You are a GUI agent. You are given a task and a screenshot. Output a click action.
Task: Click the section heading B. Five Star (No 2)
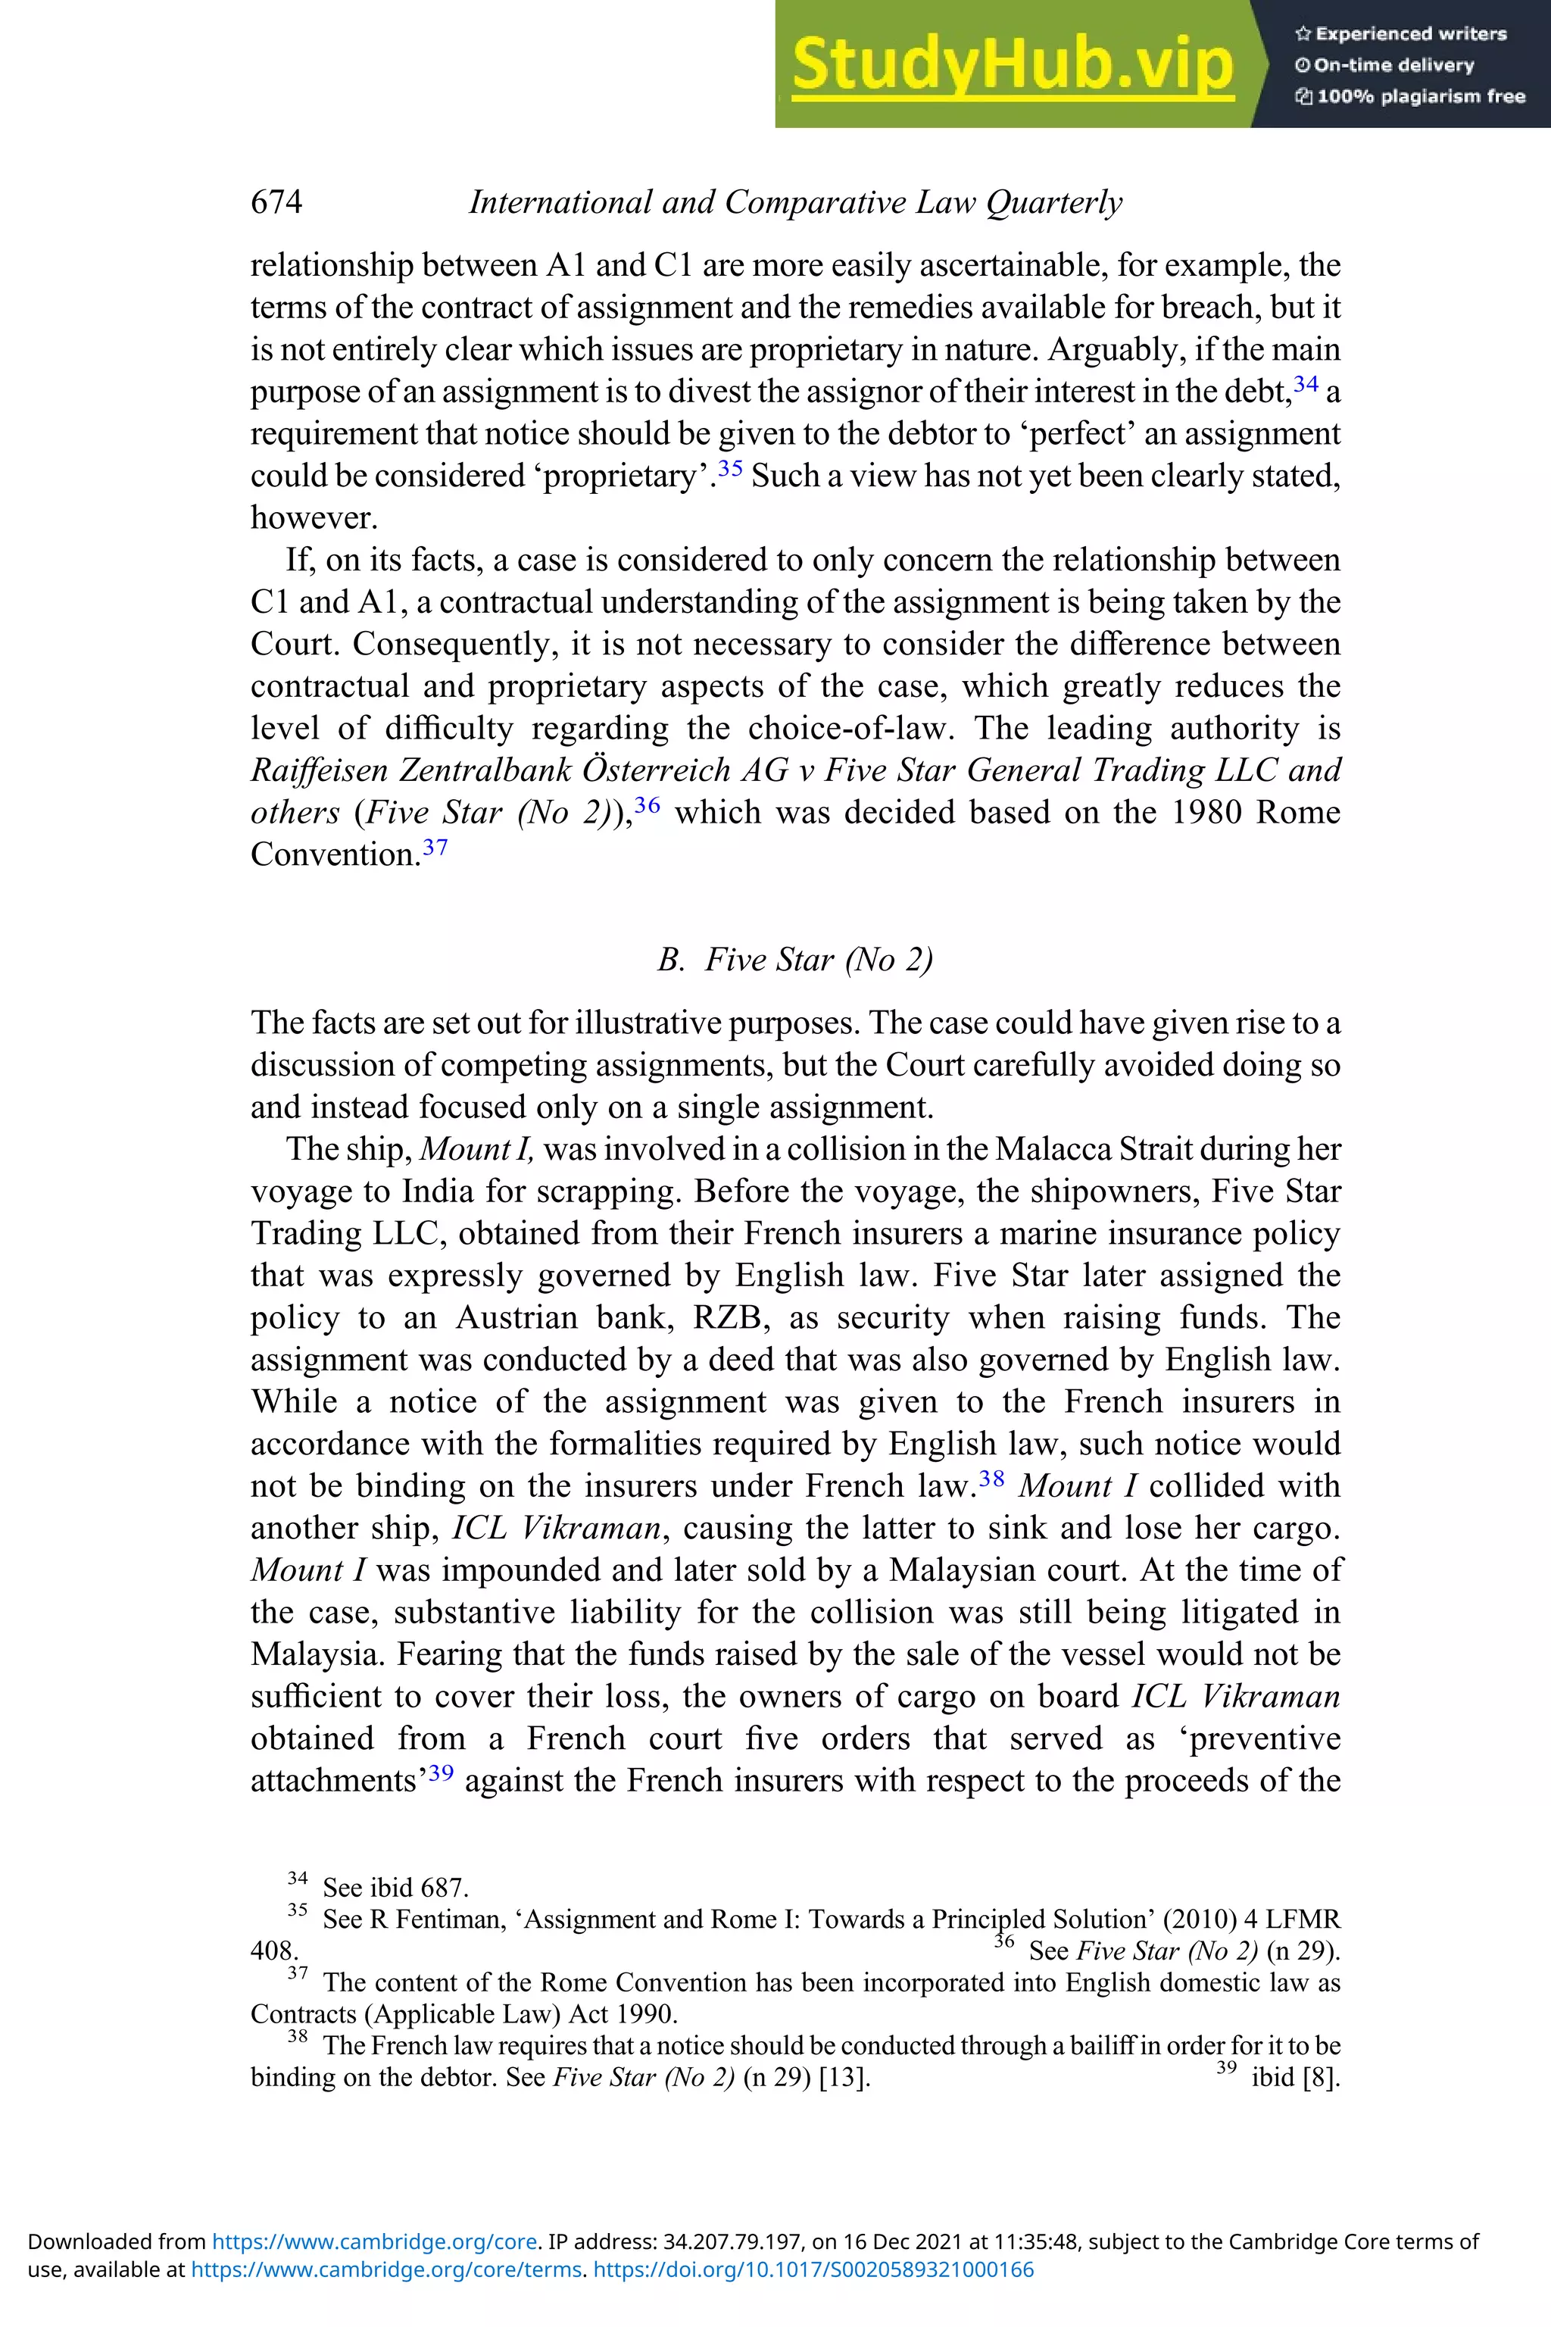click(795, 960)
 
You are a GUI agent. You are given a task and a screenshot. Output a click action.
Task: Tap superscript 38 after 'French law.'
click(991, 1478)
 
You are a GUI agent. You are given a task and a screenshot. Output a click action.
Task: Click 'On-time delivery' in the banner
click(1393, 65)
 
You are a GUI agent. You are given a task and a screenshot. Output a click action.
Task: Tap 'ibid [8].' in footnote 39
click(1296, 2077)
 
